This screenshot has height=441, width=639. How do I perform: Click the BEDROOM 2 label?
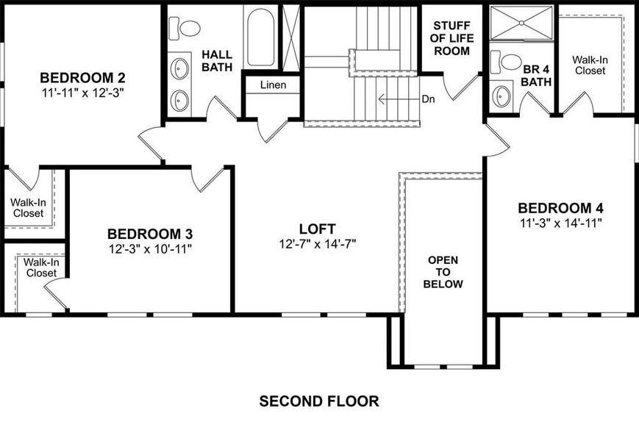point(83,77)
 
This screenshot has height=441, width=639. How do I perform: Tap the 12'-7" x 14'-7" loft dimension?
point(318,244)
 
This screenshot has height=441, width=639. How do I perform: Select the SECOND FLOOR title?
point(319,401)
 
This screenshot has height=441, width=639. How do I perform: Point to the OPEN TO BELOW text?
point(443,272)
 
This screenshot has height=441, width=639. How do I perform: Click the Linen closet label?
point(273,85)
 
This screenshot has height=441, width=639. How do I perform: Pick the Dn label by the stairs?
point(429,98)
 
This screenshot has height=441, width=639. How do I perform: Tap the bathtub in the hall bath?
point(261,37)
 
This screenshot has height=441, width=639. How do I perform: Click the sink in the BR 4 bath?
point(502,96)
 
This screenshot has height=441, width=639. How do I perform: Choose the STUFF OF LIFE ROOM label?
point(451,39)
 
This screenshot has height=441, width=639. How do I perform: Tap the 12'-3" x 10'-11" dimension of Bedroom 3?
point(150,248)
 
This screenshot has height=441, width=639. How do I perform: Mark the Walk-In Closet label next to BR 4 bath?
point(590,65)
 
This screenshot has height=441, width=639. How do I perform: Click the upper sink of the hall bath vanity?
point(181,69)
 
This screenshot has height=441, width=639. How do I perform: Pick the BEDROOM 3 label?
point(150,234)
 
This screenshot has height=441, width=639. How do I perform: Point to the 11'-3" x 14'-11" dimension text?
point(560,223)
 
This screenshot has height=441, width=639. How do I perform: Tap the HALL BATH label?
point(217,60)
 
